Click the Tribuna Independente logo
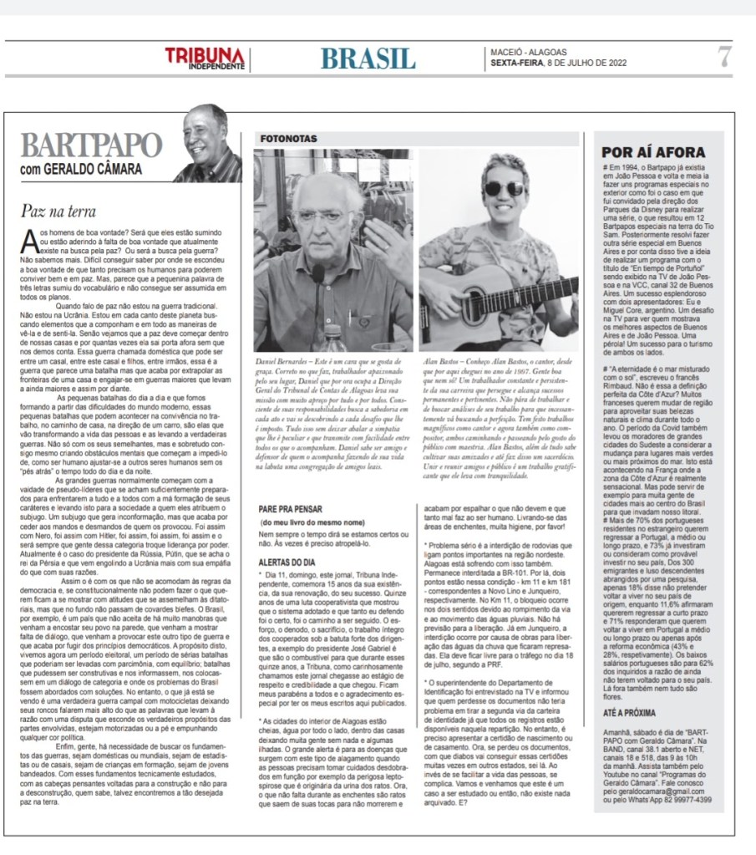click(x=205, y=59)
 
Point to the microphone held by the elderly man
click(x=317, y=276)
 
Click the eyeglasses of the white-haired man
click(x=322, y=216)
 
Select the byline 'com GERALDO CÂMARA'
click(x=81, y=169)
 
